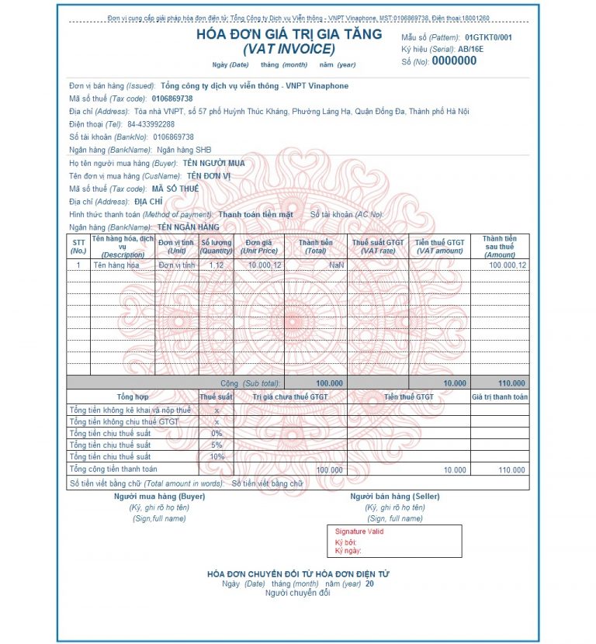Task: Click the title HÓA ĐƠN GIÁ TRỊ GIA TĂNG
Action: tap(289, 34)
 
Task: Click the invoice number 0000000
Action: tap(454, 61)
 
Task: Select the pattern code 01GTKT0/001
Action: tap(488, 37)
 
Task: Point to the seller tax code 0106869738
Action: tap(172, 99)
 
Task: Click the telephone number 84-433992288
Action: tap(151, 124)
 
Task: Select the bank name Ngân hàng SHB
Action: tap(184, 150)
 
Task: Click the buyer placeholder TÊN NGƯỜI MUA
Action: tap(213, 164)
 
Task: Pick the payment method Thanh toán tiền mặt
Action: tap(255, 214)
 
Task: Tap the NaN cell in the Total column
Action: tap(336, 265)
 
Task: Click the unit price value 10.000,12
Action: tap(265, 265)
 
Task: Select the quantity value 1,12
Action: tap(216, 265)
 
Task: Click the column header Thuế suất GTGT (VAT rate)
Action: tap(378, 246)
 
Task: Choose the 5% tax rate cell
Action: tap(216, 445)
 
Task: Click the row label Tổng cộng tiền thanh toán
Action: tap(113, 469)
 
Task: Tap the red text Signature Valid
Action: tap(359, 531)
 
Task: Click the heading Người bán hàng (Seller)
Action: tap(395, 496)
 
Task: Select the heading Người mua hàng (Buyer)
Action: tap(159, 496)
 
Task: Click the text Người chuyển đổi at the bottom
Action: tap(297, 593)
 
